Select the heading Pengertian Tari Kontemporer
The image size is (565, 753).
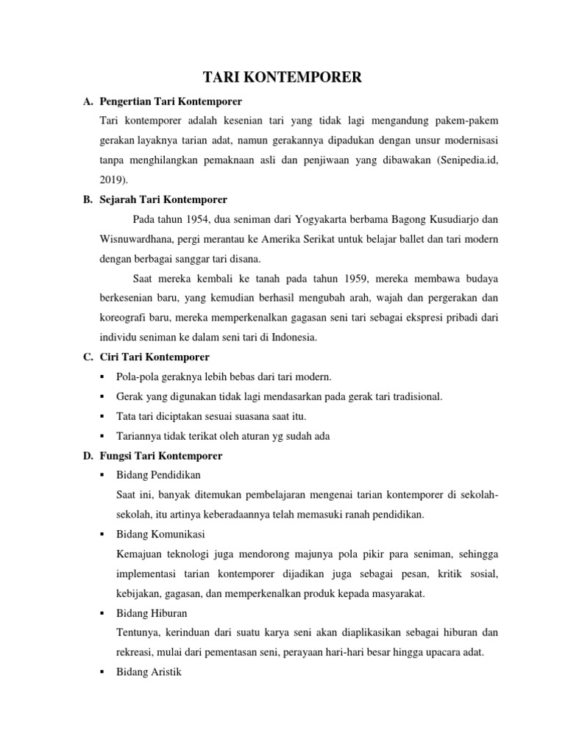174,100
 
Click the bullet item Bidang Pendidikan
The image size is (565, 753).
158,475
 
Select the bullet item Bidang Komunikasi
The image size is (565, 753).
160,533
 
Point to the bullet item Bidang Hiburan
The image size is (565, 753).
152,612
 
